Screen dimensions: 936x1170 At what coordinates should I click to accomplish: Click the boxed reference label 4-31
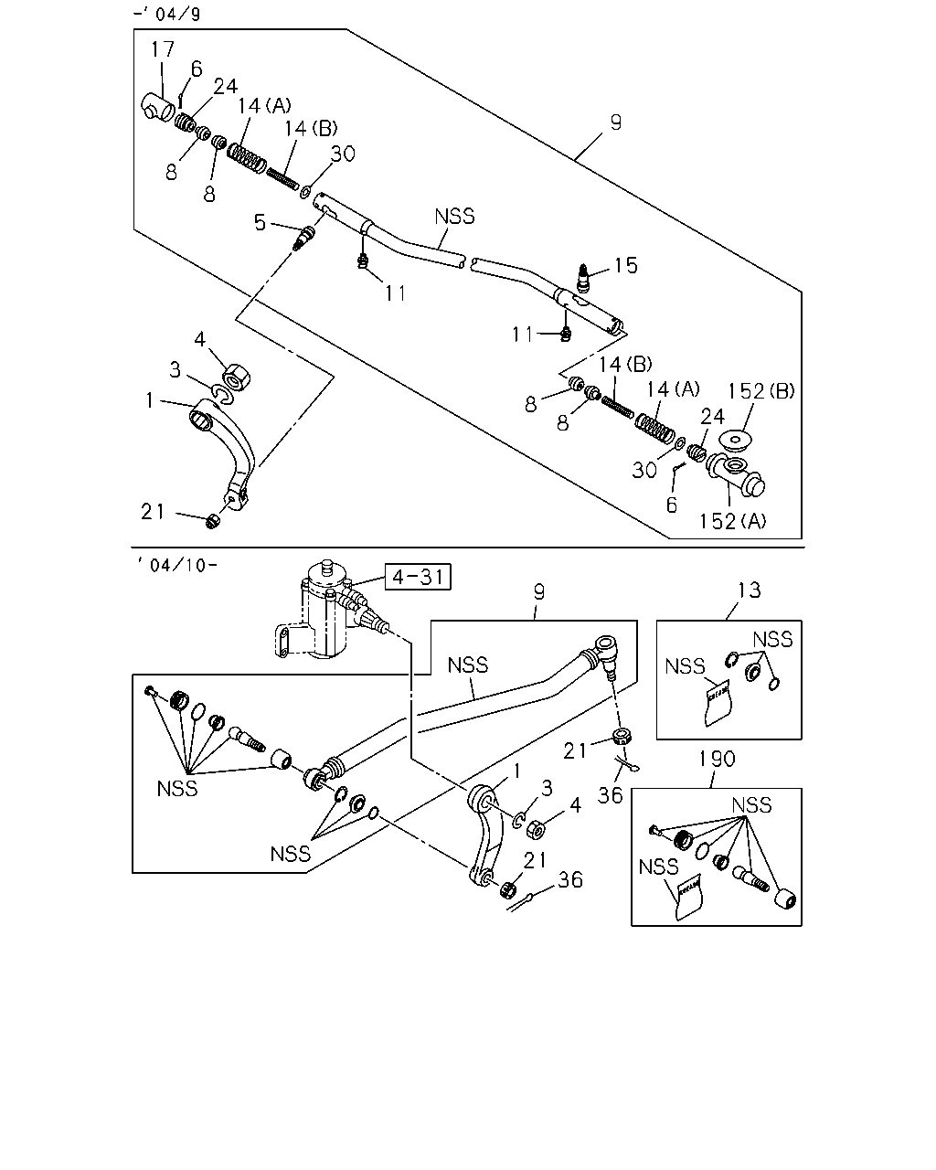coord(418,576)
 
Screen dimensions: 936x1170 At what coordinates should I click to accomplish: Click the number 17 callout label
coord(162,49)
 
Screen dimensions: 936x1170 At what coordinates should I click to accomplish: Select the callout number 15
coord(625,265)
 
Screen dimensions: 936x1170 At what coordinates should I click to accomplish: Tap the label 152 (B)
coord(760,391)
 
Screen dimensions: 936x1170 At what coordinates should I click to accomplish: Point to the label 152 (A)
coord(732,521)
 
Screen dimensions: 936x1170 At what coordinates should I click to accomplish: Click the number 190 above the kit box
coord(717,759)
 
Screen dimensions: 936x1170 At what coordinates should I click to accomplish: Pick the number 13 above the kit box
coord(749,590)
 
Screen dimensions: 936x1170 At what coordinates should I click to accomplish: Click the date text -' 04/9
coord(166,13)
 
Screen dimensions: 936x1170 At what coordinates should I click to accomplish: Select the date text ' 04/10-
coord(177,566)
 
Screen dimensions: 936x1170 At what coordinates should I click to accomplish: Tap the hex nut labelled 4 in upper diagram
coord(237,377)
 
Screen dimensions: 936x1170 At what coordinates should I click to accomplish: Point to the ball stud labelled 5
coord(304,239)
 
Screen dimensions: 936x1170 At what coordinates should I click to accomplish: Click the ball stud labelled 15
coord(583,277)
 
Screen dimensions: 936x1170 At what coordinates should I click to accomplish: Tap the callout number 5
coord(260,222)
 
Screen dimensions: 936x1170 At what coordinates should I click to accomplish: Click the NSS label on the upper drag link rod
coord(454,217)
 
